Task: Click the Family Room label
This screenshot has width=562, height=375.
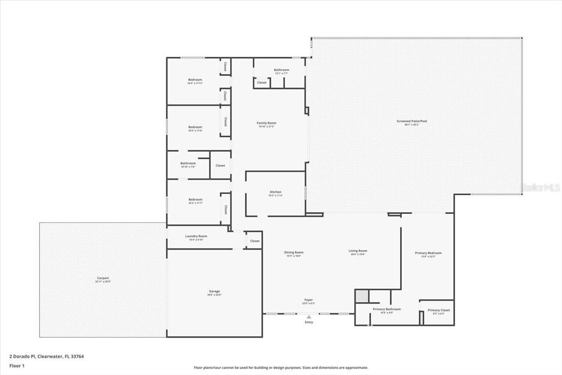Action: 267,123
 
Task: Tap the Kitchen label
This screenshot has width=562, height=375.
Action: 275,192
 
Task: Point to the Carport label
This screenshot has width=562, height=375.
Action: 103,278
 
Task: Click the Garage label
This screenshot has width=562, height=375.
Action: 214,291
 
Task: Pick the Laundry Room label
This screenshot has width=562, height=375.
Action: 196,236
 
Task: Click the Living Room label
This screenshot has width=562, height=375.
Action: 358,251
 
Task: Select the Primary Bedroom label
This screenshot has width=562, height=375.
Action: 428,253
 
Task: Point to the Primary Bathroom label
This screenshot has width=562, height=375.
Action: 387,309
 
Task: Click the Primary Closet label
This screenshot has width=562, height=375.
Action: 439,310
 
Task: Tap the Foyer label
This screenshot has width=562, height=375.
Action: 308,300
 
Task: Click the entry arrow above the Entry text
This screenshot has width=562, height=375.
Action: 309,317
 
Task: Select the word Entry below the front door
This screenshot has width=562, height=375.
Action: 309,322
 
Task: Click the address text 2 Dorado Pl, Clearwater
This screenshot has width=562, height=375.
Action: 47,356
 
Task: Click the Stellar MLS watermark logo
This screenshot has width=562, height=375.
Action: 539,187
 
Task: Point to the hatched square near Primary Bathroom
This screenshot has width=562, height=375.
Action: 361,296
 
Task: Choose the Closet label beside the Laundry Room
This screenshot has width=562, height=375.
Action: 255,241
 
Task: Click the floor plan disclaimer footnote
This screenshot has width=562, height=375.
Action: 280,368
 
